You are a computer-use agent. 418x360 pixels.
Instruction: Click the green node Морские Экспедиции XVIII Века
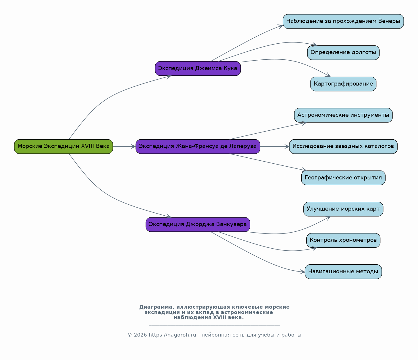point(64,146)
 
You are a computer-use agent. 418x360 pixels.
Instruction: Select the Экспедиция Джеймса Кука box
point(198,69)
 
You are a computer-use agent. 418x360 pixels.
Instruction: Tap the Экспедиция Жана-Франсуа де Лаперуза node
point(198,146)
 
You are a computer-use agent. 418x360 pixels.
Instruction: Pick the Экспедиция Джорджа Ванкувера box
point(198,225)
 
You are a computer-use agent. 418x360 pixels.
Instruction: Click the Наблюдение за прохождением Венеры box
point(343,21)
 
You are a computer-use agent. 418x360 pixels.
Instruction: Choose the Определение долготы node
point(343,53)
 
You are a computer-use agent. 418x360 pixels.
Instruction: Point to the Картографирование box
point(343,84)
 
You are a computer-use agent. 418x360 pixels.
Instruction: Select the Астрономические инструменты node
point(343,115)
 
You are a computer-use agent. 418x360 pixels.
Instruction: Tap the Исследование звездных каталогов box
point(343,146)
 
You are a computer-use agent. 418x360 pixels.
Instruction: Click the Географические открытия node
point(343,178)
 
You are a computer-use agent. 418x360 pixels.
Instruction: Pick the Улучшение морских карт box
point(343,209)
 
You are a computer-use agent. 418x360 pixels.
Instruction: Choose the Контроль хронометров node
point(343,240)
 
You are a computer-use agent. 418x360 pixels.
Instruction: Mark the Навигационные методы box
point(343,271)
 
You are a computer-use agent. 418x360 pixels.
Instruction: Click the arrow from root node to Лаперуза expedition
point(124,146)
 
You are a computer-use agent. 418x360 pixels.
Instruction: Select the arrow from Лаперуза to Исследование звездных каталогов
point(275,146)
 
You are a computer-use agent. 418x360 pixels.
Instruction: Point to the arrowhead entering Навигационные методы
point(303,272)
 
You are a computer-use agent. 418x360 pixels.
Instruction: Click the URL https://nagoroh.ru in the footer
point(172,335)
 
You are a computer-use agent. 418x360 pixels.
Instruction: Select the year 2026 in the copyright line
point(140,335)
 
